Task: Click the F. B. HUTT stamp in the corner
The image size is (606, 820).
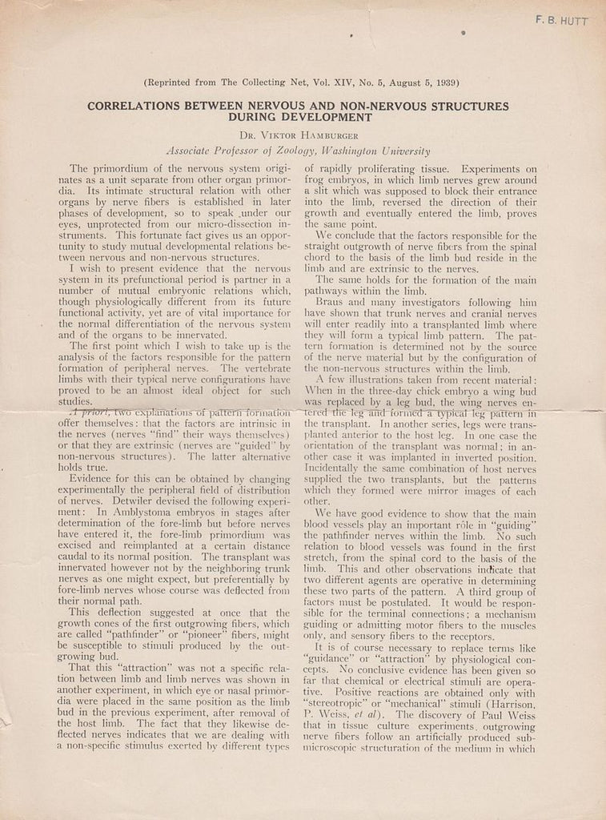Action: pos(561,22)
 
